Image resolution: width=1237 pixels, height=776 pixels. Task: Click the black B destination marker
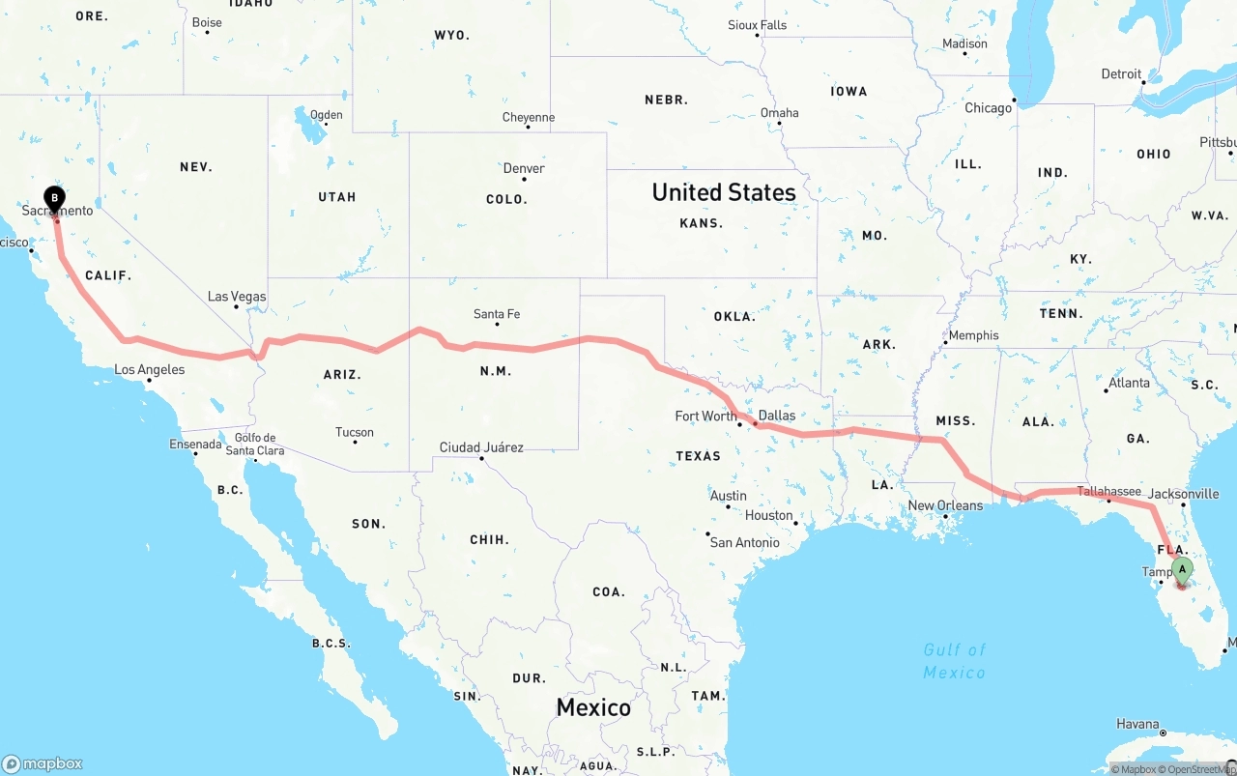55,199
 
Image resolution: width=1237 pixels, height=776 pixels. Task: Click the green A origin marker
1181,570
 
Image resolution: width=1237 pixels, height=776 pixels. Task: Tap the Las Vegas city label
237,297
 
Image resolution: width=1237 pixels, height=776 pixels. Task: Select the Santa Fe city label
497,314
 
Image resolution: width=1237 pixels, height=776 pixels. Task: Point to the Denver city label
524,168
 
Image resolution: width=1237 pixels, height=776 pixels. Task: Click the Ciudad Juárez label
481,447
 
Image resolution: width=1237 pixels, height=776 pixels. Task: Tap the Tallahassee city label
1108,491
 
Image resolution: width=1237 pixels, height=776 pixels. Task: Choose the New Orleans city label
945,505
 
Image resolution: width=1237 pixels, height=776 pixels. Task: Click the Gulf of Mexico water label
954,661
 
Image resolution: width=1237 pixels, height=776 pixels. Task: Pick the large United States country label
724,192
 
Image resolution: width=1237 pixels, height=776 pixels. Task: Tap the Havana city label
1137,724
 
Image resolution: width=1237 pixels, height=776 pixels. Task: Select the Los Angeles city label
149,369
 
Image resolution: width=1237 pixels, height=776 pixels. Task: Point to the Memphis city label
973,335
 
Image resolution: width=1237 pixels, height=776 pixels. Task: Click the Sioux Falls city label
758,25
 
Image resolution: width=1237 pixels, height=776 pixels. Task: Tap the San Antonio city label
744,542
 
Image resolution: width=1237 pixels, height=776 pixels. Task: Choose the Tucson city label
355,432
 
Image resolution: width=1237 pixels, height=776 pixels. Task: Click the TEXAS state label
699,456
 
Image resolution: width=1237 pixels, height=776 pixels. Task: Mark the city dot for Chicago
1015,100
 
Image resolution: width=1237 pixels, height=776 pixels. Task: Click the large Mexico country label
593,707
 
